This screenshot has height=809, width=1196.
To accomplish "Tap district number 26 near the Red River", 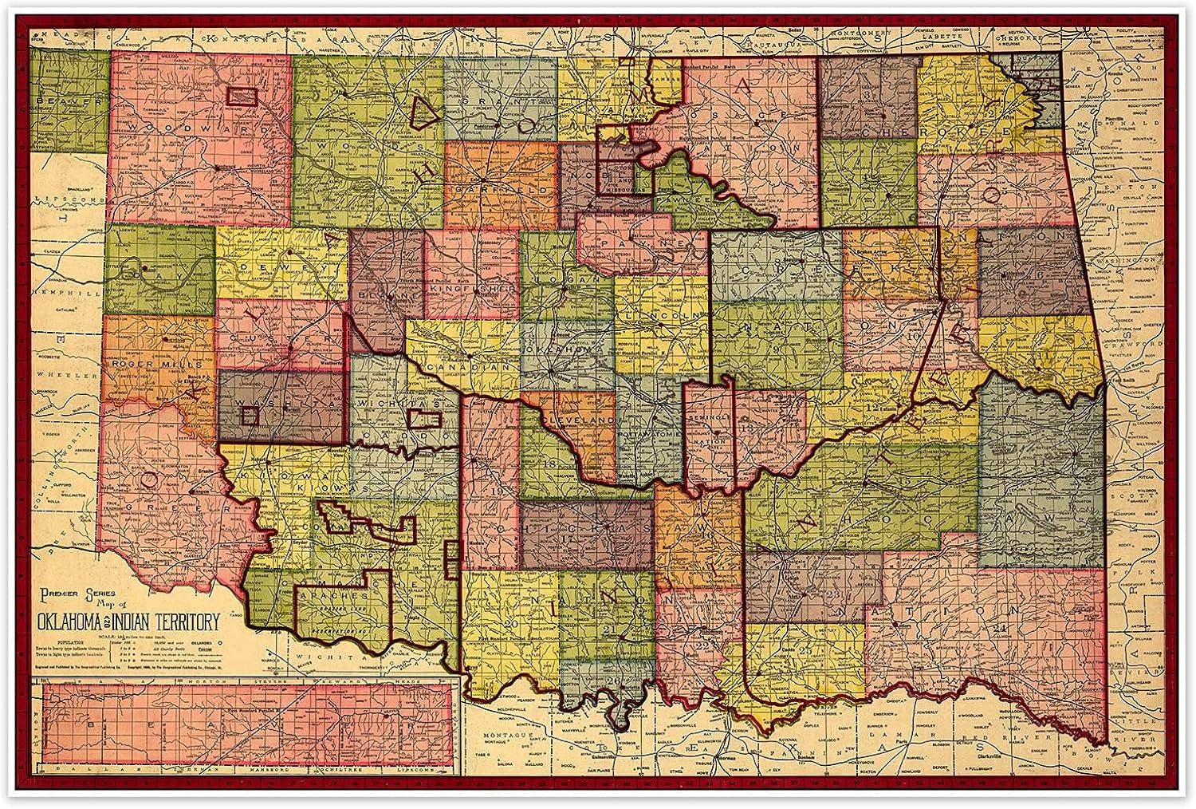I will click(612, 680).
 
